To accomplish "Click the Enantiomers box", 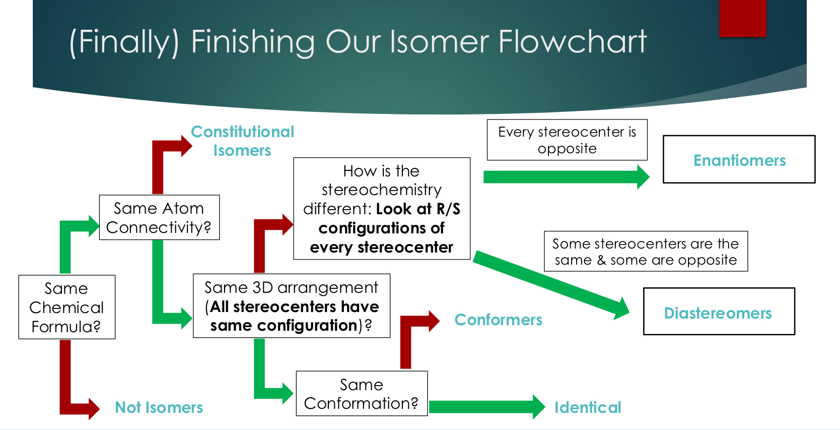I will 739,159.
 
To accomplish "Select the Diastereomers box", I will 719,312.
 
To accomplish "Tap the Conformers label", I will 498,320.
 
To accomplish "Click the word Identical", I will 587,407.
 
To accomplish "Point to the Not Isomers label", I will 159,407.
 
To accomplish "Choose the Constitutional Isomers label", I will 242,141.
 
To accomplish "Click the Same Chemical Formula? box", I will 66,307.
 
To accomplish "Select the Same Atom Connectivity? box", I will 159,217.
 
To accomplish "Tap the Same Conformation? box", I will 361,394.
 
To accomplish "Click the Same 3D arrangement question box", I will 291,306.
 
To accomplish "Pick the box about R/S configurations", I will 381,209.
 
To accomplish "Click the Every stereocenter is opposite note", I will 567,140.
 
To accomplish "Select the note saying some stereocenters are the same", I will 645,252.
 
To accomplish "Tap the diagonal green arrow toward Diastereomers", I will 549,283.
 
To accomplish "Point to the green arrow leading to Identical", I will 483,407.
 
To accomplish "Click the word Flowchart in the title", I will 572,42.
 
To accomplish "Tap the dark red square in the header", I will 742,18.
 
